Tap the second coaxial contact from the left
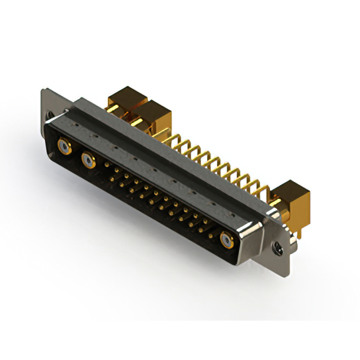click(x=88, y=162)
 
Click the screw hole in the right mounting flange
click(x=277, y=246)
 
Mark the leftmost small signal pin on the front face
click(x=107, y=165)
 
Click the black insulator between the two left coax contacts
click(x=76, y=157)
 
